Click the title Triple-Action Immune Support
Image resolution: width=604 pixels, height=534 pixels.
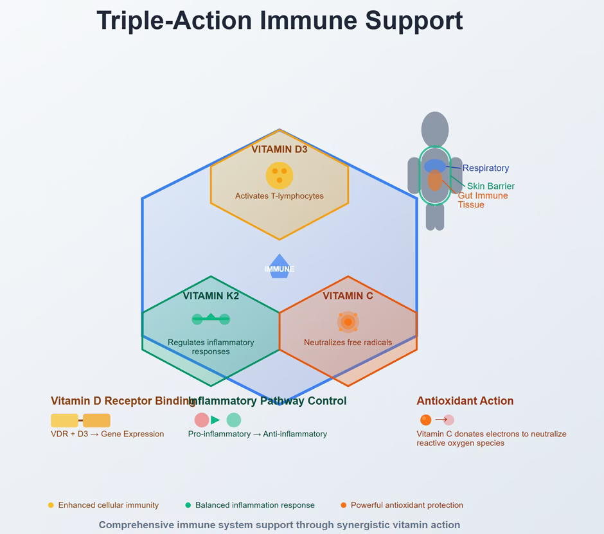[280, 21]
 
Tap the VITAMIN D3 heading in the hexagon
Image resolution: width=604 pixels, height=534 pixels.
[280, 150]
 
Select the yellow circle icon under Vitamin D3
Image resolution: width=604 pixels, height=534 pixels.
[280, 175]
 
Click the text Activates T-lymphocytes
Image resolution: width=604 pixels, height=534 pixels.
[280, 196]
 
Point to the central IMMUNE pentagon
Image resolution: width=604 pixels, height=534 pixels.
[280, 267]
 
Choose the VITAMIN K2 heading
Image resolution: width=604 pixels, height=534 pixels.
[211, 296]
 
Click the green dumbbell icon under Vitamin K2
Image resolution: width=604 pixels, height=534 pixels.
[211, 319]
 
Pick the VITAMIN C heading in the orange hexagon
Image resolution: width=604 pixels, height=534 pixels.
[348, 296]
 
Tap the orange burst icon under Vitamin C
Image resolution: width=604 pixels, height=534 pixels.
[348, 321]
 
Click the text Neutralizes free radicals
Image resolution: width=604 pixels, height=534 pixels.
[348, 343]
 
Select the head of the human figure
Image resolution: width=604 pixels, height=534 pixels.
[435, 129]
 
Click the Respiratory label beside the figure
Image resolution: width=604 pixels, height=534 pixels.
[486, 168]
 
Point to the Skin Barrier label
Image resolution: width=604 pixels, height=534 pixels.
[491, 186]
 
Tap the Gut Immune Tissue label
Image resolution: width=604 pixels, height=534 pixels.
[483, 200]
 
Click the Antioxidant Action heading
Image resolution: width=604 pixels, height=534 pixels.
[465, 401]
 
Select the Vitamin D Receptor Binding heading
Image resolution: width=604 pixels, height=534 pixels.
[122, 401]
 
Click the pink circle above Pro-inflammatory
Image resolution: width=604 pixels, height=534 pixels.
[202, 420]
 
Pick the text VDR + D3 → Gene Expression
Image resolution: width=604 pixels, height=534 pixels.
[107, 434]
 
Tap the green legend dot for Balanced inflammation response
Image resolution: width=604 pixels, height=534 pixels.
[188, 506]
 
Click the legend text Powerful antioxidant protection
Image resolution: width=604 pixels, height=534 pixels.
[407, 506]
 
